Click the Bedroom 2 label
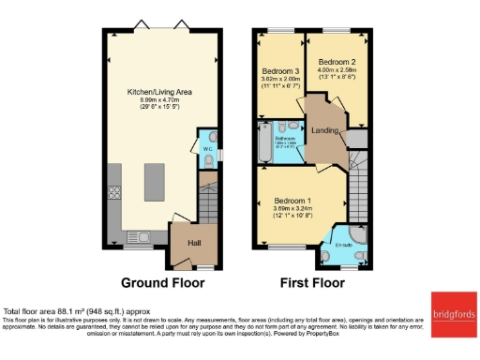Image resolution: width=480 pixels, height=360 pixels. point(338,62)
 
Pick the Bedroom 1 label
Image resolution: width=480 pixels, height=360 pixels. point(292,201)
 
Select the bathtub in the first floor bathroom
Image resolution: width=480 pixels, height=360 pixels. point(262,148)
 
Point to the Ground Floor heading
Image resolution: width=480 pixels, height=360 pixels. point(162,282)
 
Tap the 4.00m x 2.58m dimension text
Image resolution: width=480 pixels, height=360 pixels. point(338,70)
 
